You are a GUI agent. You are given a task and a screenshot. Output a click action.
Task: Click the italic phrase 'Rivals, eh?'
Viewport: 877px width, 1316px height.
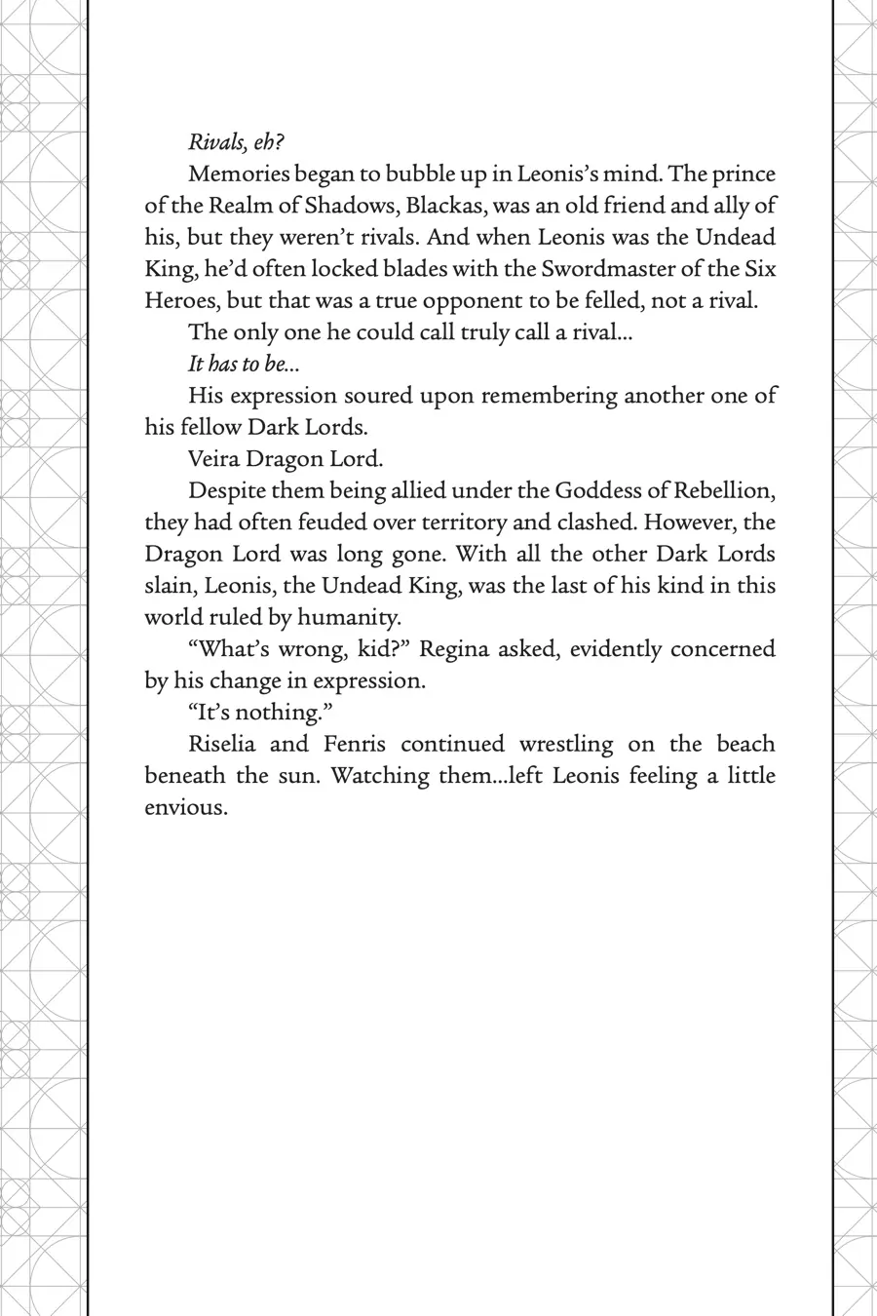236,142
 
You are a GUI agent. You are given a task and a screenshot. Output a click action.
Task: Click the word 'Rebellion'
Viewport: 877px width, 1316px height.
724,490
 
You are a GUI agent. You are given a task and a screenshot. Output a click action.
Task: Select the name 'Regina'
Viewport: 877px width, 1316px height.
453,649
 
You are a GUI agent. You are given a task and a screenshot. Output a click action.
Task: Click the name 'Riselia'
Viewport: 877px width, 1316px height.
221,745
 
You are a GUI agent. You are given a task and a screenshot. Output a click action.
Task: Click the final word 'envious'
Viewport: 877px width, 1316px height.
185,808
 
